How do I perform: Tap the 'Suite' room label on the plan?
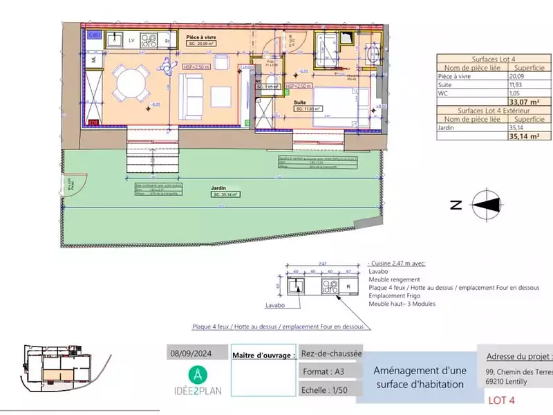tap(300, 101)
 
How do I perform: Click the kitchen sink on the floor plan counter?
tap(117, 39)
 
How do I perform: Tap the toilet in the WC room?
tap(271, 87)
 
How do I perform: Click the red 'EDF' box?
tap(93, 122)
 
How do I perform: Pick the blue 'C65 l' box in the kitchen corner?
tap(94, 34)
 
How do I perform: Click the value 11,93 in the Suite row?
tap(517, 85)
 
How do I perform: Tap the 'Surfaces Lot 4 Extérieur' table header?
tap(493, 111)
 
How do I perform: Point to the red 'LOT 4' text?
tap(502, 400)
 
